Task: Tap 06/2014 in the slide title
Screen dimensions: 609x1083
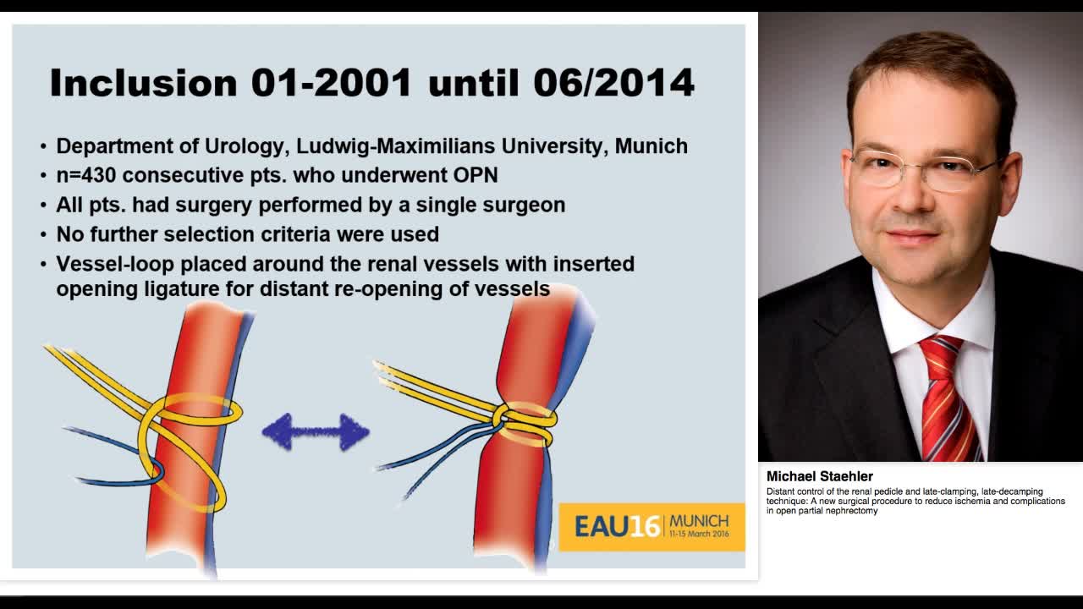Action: tap(614, 83)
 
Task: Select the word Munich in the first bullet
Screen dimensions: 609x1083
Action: tap(651, 146)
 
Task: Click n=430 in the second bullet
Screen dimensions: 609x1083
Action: tap(86, 176)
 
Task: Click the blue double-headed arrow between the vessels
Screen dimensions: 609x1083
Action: tap(316, 432)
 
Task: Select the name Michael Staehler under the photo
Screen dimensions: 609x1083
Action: tap(819, 476)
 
